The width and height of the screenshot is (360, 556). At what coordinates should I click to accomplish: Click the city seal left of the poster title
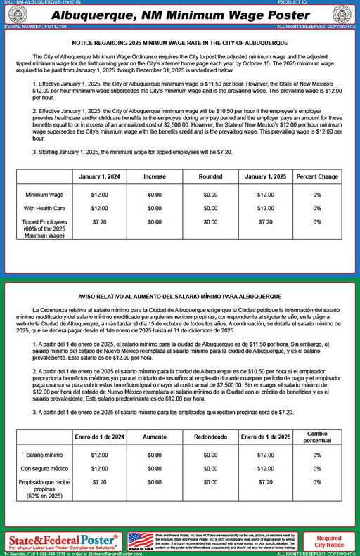coord(18,15)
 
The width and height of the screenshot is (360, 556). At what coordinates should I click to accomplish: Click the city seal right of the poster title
coord(342,15)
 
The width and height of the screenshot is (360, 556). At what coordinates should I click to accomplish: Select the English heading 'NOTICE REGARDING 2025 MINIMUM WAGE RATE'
coord(179,43)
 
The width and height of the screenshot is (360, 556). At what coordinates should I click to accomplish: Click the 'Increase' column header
coord(155,176)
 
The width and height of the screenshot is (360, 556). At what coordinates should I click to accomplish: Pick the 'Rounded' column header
coord(210,176)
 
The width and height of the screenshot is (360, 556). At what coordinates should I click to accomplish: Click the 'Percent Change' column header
coord(317,176)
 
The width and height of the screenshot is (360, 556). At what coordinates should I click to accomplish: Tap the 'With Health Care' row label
coord(44,208)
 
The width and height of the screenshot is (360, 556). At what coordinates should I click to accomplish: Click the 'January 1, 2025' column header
coord(266,176)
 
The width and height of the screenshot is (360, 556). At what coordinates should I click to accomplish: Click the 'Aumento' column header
coord(155,437)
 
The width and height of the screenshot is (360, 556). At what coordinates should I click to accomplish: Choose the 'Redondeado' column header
coord(210,437)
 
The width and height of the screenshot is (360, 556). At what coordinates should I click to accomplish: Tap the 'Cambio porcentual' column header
coord(317,437)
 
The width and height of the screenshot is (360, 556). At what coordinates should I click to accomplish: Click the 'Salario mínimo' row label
coord(44,455)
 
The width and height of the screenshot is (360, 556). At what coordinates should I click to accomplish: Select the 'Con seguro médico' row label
coord(44,468)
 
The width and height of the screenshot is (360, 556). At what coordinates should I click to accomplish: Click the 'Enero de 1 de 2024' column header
coord(99,437)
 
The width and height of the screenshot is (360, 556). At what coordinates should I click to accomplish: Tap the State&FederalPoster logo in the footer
coord(63,541)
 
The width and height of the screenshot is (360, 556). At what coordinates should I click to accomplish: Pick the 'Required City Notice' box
coord(329,541)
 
